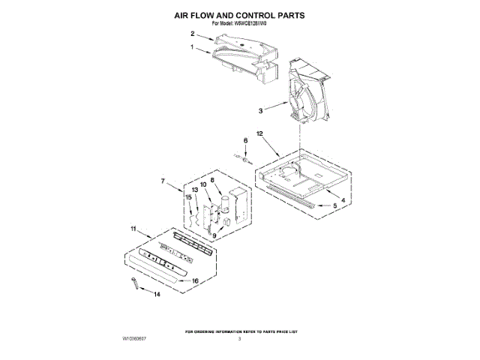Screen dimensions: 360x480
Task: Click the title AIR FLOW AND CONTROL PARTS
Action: tap(240, 14)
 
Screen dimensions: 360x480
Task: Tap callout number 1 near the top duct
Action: tap(192, 47)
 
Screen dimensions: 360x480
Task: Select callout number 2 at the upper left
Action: tap(192, 34)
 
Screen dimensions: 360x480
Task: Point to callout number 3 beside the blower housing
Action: tap(259, 111)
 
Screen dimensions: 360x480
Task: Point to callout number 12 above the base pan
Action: tap(261, 133)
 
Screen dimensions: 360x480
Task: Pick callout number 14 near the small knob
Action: tap(157, 295)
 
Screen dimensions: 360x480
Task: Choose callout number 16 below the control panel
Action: tap(196, 280)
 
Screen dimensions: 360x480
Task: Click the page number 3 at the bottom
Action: tap(239, 339)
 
